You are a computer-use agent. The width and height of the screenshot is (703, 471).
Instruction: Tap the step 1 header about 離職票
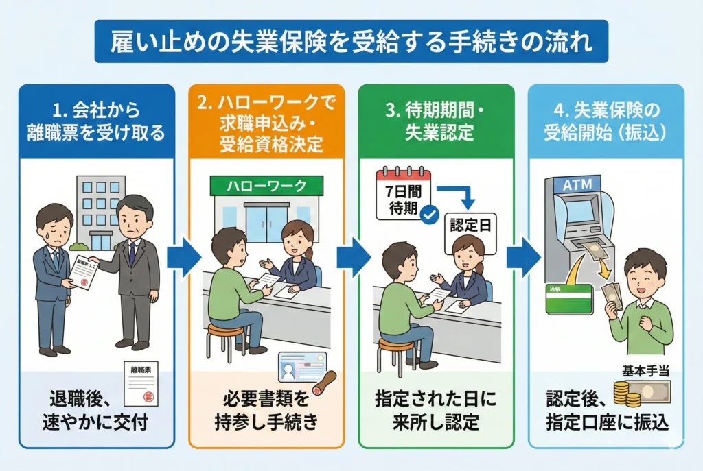97,121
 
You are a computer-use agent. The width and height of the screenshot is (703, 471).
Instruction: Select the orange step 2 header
267,121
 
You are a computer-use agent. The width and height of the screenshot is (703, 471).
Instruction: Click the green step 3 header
436,121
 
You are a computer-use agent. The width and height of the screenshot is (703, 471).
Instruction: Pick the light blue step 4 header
606,121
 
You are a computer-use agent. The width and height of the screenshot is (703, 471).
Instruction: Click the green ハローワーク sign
267,186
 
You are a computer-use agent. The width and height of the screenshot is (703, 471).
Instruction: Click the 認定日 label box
470,224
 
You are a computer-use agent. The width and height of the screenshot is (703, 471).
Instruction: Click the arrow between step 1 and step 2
183,257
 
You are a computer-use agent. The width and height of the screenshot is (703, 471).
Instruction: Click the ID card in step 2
302,367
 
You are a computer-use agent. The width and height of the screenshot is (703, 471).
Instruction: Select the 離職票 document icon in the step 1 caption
141,383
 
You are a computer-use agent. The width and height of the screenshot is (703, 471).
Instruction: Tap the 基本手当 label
645,372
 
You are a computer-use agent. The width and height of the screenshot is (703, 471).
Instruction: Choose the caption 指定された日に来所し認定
435,411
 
